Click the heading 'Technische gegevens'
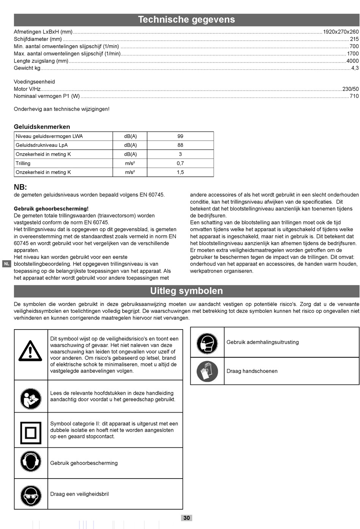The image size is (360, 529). [186, 20]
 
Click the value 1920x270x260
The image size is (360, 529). [341, 32]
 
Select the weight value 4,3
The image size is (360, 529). [355, 68]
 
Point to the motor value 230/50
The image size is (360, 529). [350, 89]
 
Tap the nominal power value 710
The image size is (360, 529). [354, 96]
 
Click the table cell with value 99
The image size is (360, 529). [180, 136]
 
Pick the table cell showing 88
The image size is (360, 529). [180, 145]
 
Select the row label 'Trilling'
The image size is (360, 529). [23, 163]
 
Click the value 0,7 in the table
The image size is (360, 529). [180, 163]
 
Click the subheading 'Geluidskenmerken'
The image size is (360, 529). [42, 127]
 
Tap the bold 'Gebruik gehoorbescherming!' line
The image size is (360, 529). [51, 209]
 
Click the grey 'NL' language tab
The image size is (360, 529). [6, 264]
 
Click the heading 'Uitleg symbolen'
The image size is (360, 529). [186, 291]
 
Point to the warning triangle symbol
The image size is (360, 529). [30, 351]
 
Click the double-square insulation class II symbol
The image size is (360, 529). [30, 433]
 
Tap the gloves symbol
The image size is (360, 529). [207, 371]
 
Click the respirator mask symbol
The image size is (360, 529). [207, 344]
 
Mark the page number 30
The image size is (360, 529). [187, 518]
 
